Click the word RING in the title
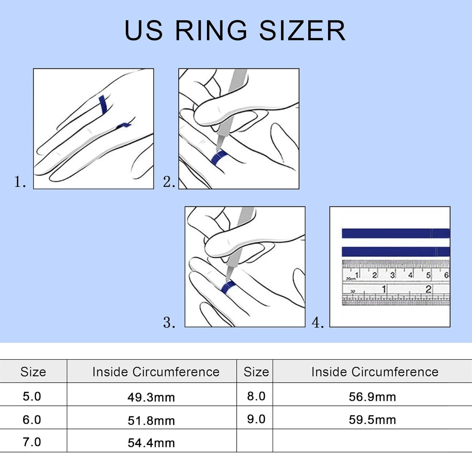click(x=211, y=31)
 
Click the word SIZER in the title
click(x=302, y=31)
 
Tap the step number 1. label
click(x=20, y=182)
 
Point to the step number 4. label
click(x=317, y=322)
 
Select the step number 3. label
click(x=169, y=322)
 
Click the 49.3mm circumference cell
click(x=151, y=397)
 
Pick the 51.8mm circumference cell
click(x=151, y=421)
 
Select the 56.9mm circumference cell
click(x=372, y=397)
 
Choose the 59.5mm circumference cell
click(x=372, y=420)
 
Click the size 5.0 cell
click(x=32, y=396)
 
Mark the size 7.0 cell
click(x=32, y=442)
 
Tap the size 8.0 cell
click(x=256, y=396)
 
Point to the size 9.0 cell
click(x=256, y=419)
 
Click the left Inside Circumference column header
click(x=156, y=372)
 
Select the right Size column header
click(x=256, y=372)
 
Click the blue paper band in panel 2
click(x=219, y=157)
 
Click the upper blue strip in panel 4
click(x=396, y=233)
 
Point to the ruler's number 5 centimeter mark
click(x=428, y=275)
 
